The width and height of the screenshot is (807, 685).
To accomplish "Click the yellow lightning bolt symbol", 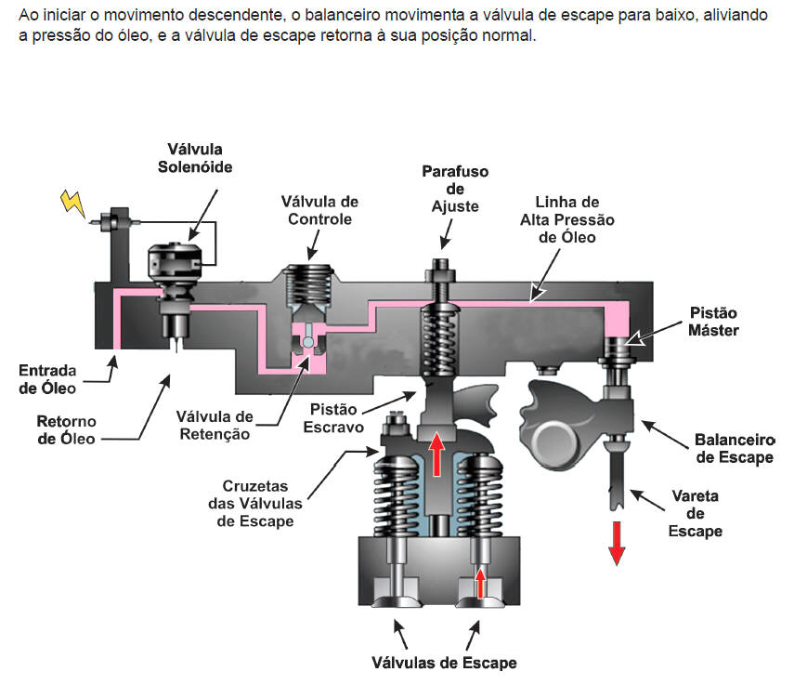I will pos(72,202).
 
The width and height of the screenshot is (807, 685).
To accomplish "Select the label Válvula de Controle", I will pos(320,210).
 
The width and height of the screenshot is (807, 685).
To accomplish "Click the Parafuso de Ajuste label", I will pos(455,189).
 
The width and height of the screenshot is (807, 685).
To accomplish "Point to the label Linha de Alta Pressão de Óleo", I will pos(567,219).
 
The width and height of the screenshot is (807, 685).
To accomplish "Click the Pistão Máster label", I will pos(714,322).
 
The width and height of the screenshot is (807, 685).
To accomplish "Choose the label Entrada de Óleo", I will pos(47,379).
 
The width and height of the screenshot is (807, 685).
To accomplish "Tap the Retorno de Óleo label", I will pos(67,430).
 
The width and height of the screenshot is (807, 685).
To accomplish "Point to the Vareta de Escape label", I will pos(696,513).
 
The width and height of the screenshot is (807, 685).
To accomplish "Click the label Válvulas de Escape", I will pos(444,663).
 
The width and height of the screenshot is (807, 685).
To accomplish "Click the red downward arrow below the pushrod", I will pos(616,542).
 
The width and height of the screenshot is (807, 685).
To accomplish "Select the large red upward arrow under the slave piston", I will pos(436,454).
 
